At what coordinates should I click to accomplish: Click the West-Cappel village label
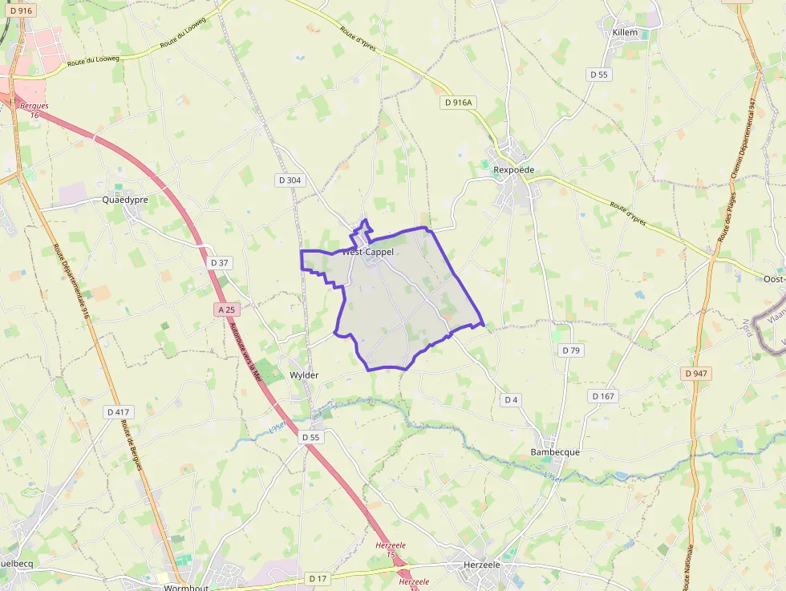[368, 252]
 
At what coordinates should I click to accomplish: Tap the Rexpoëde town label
[513, 170]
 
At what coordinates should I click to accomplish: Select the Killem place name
[624, 33]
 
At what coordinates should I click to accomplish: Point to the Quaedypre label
[125, 200]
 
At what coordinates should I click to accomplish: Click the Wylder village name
[304, 375]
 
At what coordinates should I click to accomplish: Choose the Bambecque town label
[555, 452]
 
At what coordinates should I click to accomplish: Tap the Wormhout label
[186, 587]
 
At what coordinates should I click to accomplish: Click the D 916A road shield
[458, 102]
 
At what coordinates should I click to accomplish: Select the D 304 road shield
[290, 180]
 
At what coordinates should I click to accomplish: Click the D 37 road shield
[220, 262]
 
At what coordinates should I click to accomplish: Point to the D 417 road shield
[118, 412]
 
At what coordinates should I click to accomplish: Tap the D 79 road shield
[570, 350]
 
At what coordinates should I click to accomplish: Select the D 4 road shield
[512, 399]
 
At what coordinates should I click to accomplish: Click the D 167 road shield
[603, 396]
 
